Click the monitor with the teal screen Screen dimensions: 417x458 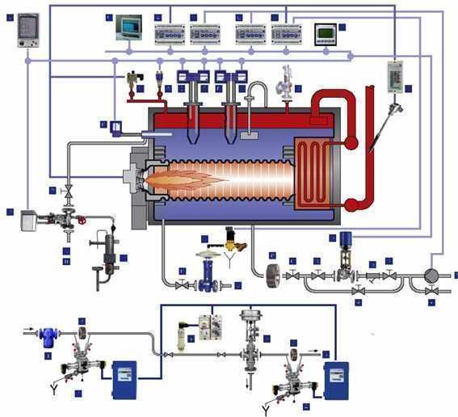click(x=128, y=28)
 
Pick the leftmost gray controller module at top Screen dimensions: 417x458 click(x=170, y=33)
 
